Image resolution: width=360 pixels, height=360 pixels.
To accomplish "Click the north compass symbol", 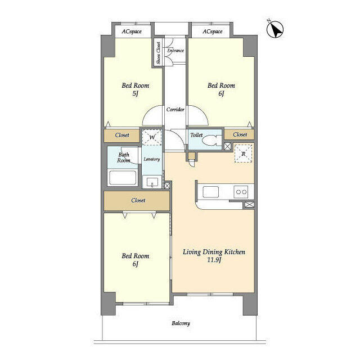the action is point(275,29).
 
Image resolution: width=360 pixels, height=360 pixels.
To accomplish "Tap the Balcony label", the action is point(181,323).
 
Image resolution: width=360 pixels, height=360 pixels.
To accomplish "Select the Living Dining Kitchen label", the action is point(214,252).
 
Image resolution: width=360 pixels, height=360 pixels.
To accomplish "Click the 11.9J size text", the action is point(214,260).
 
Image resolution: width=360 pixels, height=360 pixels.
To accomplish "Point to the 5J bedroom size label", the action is point(136,94).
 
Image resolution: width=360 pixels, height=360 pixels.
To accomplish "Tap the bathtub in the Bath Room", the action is point(123,178).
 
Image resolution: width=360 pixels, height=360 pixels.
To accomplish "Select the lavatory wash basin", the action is point(152,182).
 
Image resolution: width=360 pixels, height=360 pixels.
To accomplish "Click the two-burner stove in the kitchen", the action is point(241,192).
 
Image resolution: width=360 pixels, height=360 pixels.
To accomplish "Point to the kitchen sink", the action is point(210,192).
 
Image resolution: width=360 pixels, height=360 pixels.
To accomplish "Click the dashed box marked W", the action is point(152,137).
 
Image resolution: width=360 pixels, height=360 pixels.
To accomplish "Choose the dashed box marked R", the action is point(243,154).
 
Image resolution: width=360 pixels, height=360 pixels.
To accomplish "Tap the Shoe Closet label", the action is point(159,53).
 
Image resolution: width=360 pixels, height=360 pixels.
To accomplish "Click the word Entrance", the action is point(175,51).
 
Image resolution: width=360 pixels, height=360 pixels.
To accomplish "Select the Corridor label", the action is point(175,110).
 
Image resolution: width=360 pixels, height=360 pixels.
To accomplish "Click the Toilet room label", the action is point(196,135).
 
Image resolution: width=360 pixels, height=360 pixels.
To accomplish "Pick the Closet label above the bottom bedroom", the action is point(138,200).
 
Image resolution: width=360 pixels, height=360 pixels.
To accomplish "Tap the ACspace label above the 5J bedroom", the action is point(132,31).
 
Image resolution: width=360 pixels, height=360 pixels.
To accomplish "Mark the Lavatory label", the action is point(151,159).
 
